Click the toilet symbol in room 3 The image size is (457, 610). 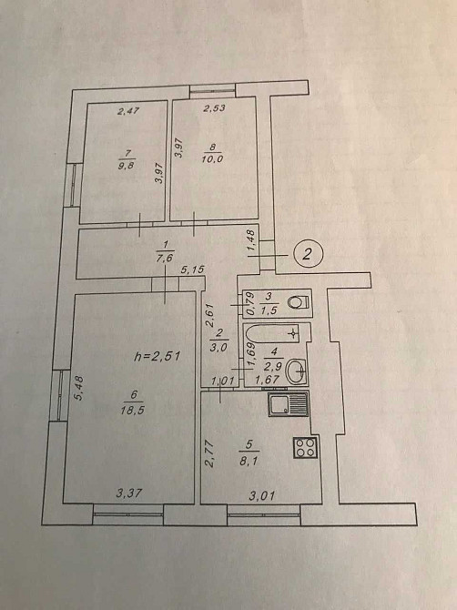[300, 302]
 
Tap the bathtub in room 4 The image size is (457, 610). [271, 334]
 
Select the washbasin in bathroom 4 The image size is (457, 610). [297, 371]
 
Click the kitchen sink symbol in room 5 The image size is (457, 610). [289, 404]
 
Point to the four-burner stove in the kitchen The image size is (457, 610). [305, 447]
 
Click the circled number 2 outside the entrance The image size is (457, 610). [308, 254]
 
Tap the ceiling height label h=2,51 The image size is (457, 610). [157, 356]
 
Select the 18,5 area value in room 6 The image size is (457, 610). [133, 410]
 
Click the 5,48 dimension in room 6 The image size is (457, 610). [79, 388]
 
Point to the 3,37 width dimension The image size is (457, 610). [129, 493]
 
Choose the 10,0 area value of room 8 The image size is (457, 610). [212, 158]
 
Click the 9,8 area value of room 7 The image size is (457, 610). [127, 167]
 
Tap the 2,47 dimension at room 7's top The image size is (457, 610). [128, 111]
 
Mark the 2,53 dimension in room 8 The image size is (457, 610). [214, 107]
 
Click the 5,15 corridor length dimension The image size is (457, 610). [192, 269]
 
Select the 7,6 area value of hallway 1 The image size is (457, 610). [165, 258]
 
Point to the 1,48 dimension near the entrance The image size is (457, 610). [250, 240]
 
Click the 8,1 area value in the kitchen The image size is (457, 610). [249, 462]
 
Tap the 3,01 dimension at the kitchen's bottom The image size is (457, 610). [262, 495]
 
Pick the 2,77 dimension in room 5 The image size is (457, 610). [209, 453]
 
